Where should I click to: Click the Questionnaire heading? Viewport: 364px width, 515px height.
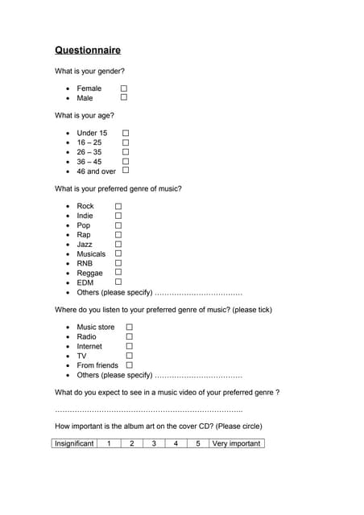coord(88,50)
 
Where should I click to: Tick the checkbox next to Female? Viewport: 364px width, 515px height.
coord(124,88)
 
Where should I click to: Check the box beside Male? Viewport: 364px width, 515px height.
coord(124,97)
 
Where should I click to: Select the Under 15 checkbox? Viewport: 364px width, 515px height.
coord(126,133)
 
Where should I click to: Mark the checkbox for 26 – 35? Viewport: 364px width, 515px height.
coord(126,151)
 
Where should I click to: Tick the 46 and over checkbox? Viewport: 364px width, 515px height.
coord(126,171)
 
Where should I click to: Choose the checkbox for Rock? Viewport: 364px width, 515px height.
coord(118,206)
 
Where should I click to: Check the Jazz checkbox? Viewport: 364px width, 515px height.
coord(118,244)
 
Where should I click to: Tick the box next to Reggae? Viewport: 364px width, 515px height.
coord(118,273)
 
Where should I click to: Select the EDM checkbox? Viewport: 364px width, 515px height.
coord(118,282)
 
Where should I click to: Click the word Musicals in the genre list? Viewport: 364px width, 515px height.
coord(91,254)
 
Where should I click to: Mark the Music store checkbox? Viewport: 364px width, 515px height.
coord(129,328)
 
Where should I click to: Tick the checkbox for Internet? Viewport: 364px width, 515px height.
coord(129,346)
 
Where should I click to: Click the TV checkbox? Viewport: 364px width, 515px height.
coord(129,356)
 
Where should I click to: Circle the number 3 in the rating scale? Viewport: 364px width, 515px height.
coord(153,443)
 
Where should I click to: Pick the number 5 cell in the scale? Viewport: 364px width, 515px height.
coord(197,443)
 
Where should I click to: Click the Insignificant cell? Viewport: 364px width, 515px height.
coord(74,443)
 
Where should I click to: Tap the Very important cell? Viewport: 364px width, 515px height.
coord(236,443)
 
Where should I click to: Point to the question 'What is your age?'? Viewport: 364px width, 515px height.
coord(85,115)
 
